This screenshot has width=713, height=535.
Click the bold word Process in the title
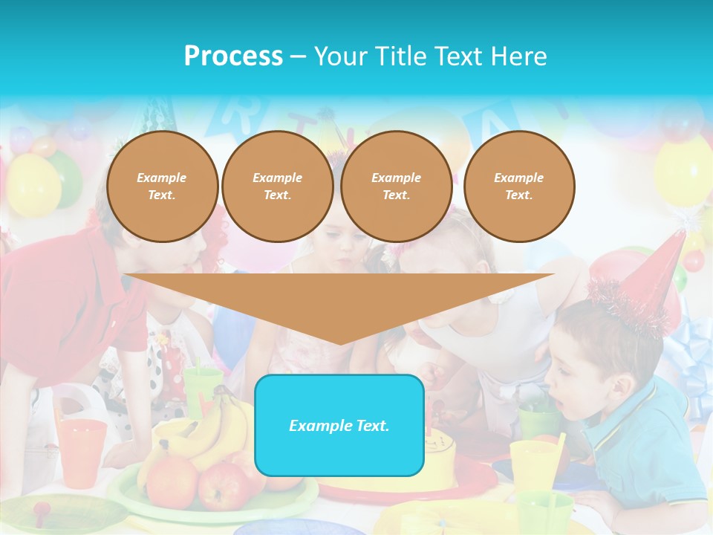pos(233,56)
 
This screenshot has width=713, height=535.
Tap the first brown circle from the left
pos(162,187)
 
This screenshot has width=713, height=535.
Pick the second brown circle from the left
pos(277,187)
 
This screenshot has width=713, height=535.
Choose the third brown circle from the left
pos(396,187)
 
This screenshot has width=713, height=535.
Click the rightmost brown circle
pos(518,187)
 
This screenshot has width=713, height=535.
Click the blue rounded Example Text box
pos(339,425)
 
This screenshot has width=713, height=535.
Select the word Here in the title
pos(519,56)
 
